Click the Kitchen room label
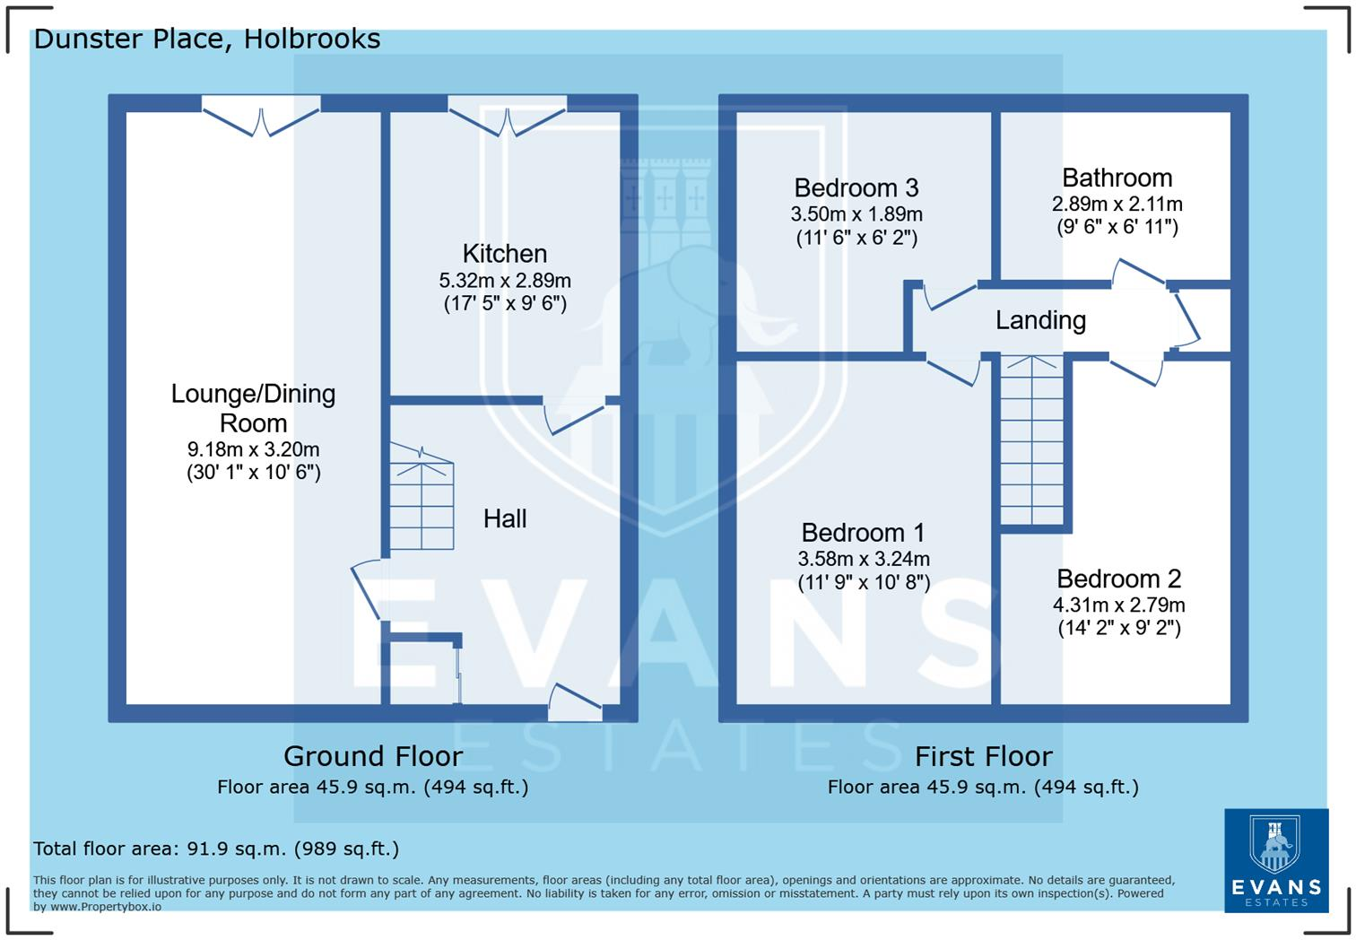pos(504,254)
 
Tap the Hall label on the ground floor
pos(505,518)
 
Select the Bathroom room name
pos(1117,178)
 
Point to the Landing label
pos(1040,320)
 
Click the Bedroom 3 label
pos(856,187)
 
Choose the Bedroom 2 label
pos(1118,579)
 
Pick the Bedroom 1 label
pos(863,533)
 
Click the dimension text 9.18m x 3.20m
pos(253,449)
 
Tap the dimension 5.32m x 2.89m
pos(504,280)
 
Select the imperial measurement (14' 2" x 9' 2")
pos(1118,628)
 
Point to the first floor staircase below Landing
pos(1031,440)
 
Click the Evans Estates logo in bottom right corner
pos(1275,859)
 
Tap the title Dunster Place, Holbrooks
pos(206,39)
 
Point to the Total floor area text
pos(215,849)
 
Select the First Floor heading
pos(983,756)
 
